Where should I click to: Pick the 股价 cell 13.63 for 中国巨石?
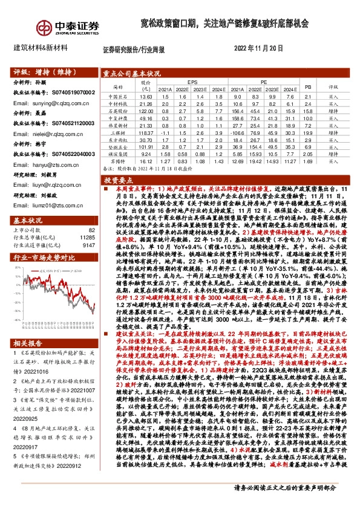coord(145,96)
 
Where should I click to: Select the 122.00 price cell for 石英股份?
coord(145,111)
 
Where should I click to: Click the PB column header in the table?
coord(307,86)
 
